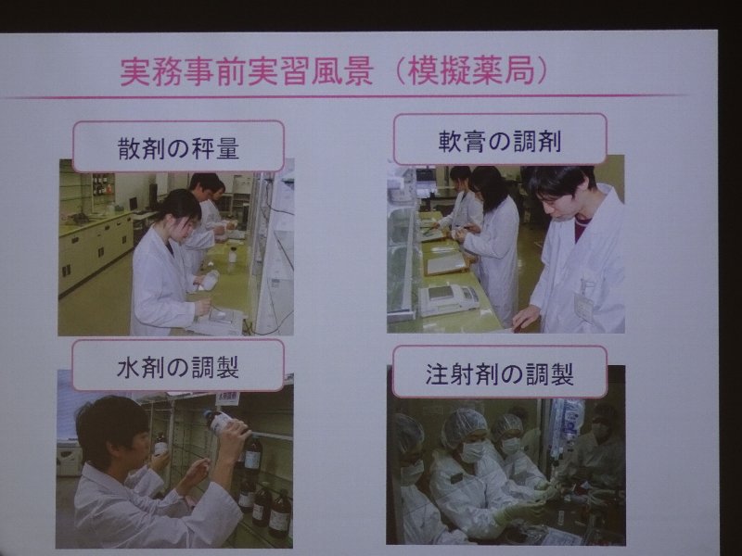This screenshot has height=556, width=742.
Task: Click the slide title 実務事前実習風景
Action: (247, 72)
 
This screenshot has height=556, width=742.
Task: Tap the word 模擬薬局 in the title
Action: (472, 72)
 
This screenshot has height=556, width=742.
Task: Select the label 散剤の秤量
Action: (178, 148)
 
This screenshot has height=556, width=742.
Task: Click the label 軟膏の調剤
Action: (500, 142)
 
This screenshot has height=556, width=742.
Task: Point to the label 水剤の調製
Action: (177, 367)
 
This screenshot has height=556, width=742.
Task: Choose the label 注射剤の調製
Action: (499, 373)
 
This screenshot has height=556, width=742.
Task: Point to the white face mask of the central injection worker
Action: (473, 451)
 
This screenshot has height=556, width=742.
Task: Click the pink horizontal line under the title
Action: (345, 96)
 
